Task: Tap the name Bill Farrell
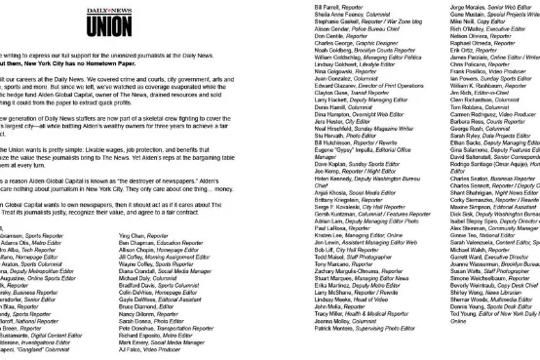(x=328, y=6)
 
